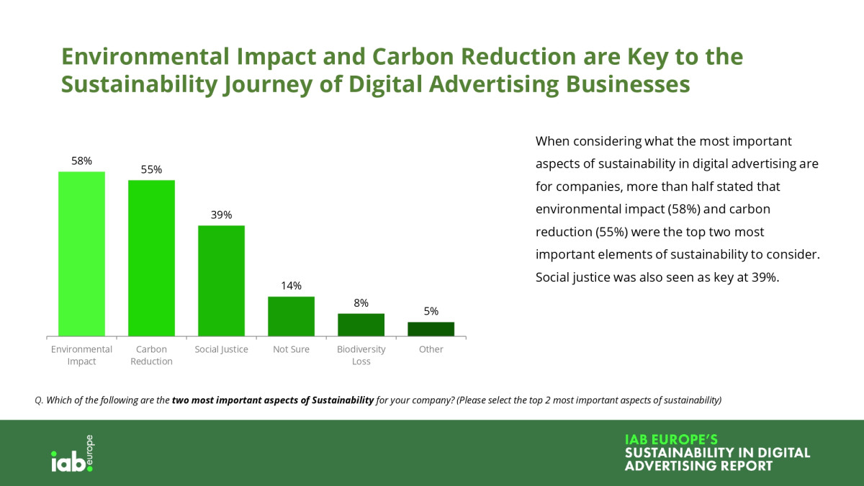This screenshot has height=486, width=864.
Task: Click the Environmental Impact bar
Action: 81,253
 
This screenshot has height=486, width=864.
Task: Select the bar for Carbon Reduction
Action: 151,258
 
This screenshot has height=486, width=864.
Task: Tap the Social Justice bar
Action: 221,281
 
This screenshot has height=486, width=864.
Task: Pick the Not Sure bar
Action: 291,316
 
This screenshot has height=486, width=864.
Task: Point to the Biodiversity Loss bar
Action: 361,325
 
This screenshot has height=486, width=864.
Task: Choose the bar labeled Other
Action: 431,329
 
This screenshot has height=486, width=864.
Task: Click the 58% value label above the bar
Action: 81,161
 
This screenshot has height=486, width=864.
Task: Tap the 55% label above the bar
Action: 151,170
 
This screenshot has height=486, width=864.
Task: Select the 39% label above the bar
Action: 221,215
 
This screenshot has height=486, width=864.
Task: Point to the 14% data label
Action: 291,286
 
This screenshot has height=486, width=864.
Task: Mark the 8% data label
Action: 361,303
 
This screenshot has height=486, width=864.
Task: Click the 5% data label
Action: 431,312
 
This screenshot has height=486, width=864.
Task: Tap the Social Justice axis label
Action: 221,349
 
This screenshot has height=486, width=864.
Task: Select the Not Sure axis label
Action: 291,349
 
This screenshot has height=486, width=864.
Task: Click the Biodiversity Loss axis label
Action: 361,355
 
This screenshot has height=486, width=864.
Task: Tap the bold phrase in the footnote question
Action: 273,400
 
